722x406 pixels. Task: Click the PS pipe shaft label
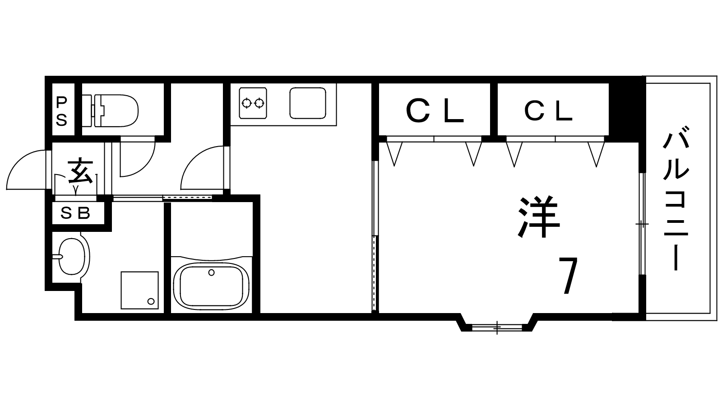61,111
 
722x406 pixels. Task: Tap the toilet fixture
110,111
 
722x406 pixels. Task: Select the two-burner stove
253,103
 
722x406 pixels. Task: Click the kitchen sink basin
307,103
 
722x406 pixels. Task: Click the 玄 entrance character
80,171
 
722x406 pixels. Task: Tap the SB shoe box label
75,213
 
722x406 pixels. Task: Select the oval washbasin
71,257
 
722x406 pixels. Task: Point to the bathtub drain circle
212,272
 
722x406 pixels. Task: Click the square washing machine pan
140,291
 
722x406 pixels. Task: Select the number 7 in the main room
568,276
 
